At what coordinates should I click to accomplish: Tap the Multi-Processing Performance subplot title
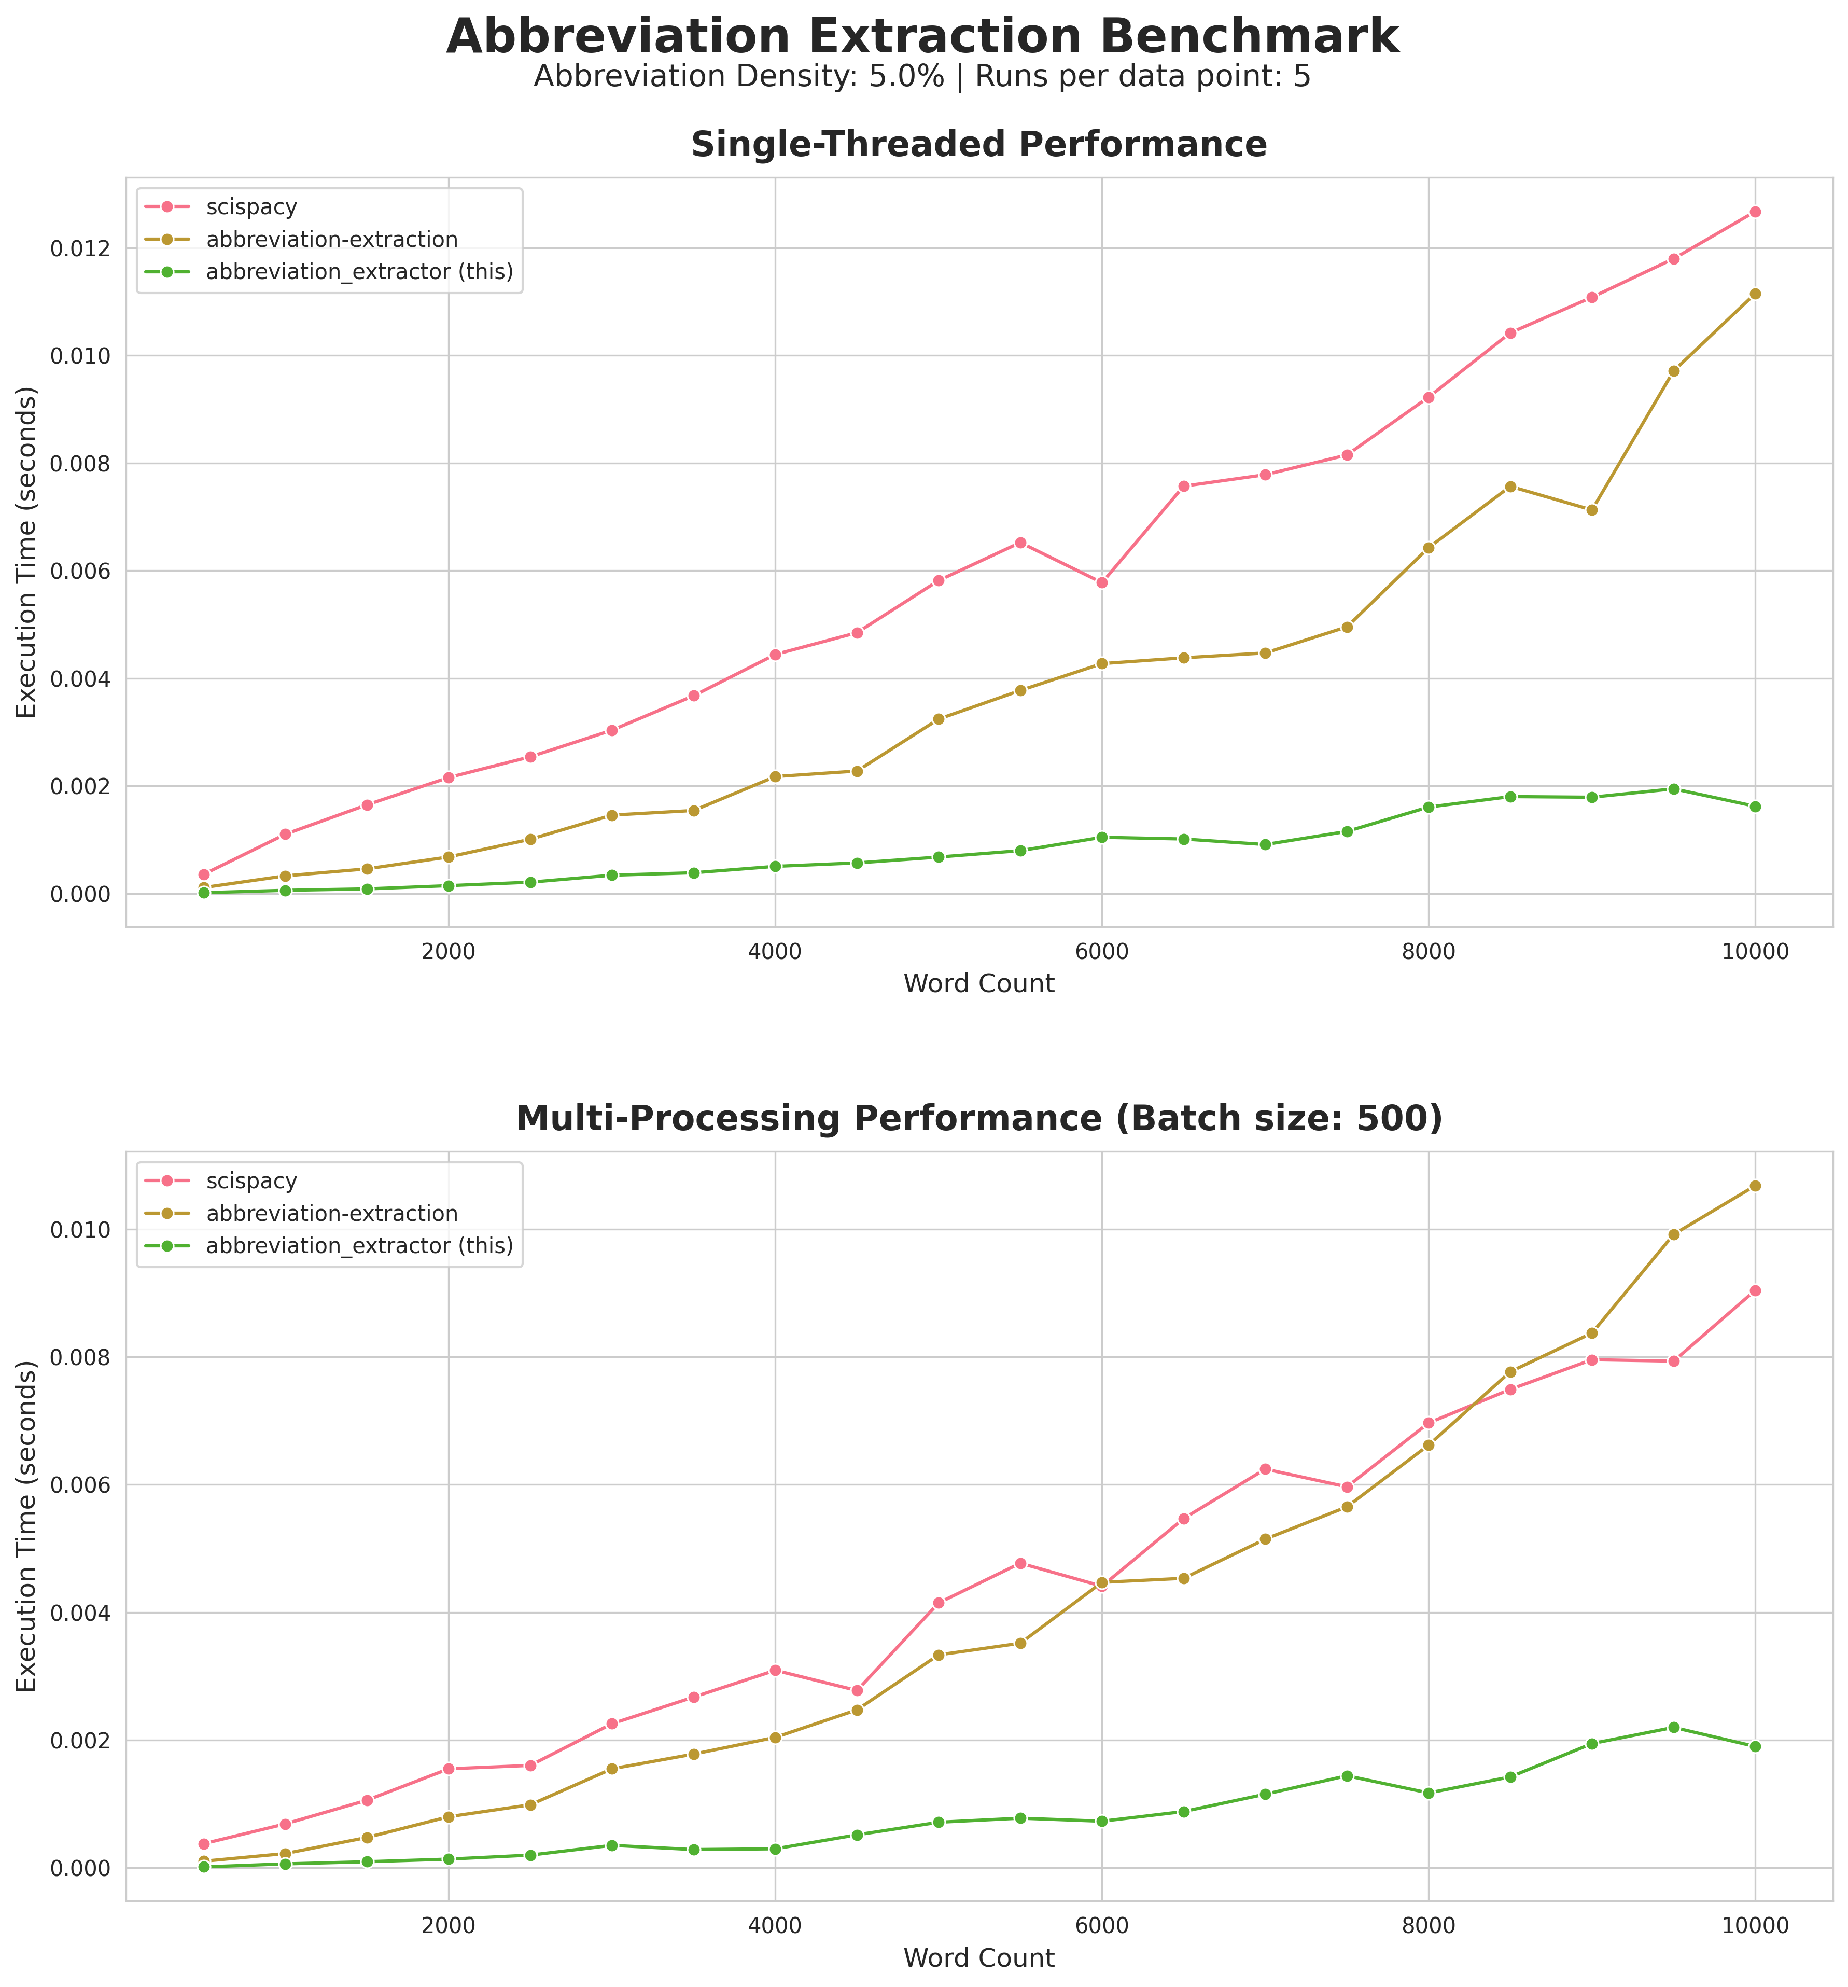pos(978,1119)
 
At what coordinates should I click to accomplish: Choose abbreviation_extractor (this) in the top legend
pos(359,272)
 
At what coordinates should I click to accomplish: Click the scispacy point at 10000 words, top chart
pos(1755,212)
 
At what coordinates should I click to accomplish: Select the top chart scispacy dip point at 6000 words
pos(1101,582)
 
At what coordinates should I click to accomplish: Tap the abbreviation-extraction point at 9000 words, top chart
pos(1591,510)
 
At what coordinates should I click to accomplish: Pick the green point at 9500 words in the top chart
pos(1673,788)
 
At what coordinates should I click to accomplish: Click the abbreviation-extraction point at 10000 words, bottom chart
pos(1755,1185)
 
